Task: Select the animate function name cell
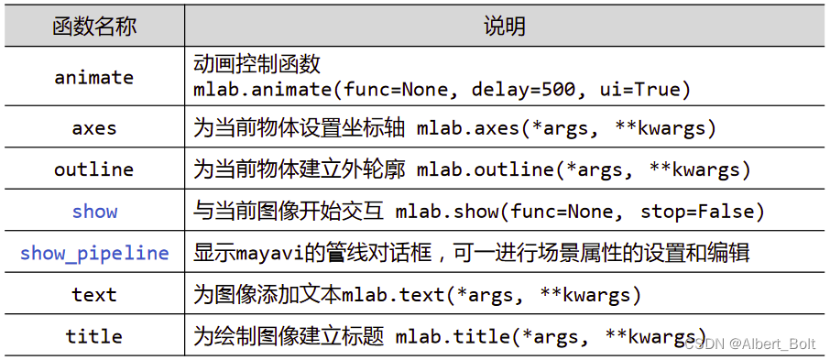point(94,77)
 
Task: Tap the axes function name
point(94,127)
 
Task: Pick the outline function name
point(94,169)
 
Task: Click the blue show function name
point(94,212)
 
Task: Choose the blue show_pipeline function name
point(94,253)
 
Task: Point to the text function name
point(94,295)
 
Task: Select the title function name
point(94,336)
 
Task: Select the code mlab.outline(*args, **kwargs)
point(584,169)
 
